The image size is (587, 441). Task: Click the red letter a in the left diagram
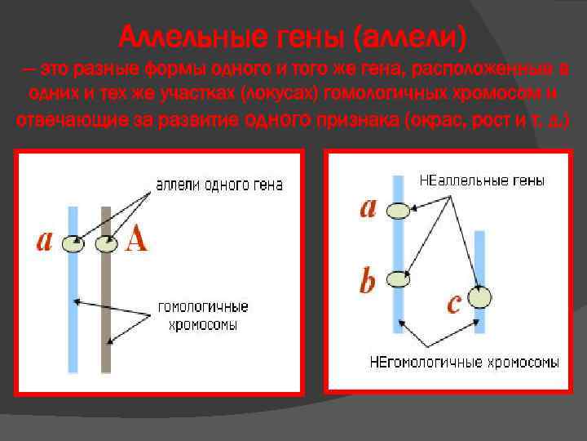pos(45,241)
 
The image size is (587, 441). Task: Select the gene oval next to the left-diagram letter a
pos(73,243)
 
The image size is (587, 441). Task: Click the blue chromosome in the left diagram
pos(73,327)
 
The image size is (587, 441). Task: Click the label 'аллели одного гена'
pos(218,185)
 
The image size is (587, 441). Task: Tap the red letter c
pos(454,304)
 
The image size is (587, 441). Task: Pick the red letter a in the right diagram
pos(369,208)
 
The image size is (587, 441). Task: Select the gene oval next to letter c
pos(480,297)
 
